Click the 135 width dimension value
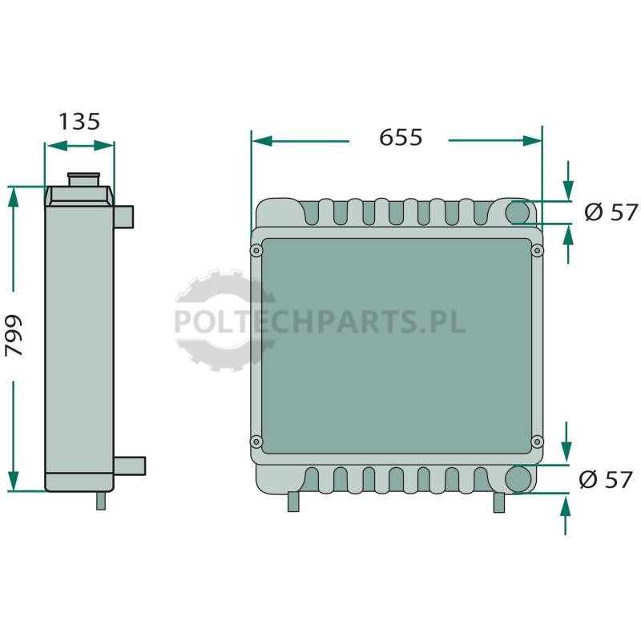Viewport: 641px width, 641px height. (79, 122)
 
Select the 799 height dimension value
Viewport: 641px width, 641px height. (14, 336)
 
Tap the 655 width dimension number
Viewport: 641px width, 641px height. (401, 137)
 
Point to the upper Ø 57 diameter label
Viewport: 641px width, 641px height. (611, 212)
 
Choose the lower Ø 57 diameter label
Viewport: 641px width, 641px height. (606, 479)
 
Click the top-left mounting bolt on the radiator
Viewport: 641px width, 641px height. (256, 251)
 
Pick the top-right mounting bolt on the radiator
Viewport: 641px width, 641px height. (537, 251)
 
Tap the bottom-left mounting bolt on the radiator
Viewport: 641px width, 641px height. (256, 441)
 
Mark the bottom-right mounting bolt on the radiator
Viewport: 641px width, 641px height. (537, 441)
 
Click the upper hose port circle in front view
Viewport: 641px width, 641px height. (518, 212)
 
